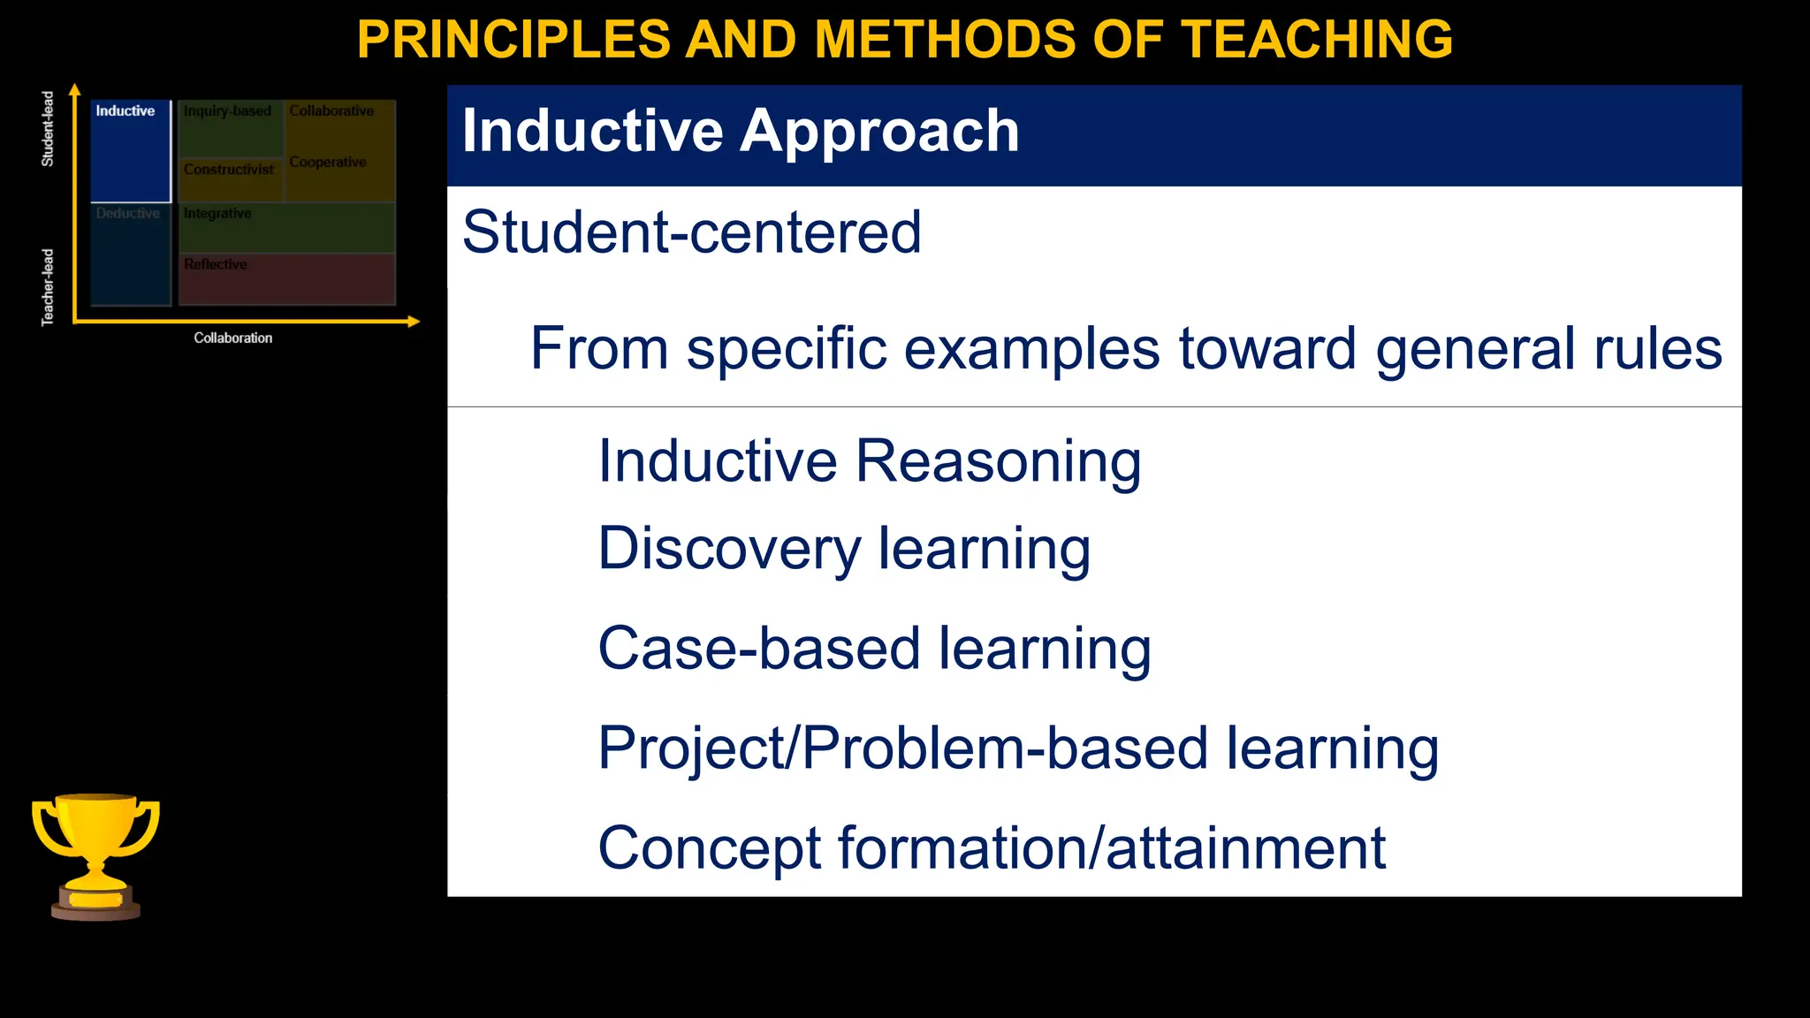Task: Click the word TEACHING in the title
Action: point(1317,40)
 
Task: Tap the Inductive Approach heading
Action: point(741,132)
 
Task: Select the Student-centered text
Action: point(691,232)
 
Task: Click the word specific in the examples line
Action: point(787,348)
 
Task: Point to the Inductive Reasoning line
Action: point(869,461)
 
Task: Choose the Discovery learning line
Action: point(844,549)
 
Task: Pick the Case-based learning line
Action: point(874,649)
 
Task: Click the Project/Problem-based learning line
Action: point(1018,748)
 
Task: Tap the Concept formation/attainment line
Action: point(991,848)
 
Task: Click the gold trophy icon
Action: point(95,855)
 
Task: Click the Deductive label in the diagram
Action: point(128,214)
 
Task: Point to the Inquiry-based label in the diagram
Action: point(227,111)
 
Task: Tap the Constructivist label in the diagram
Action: point(229,170)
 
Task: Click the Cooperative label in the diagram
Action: point(328,163)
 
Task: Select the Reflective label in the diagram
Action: point(216,264)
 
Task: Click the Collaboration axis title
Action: point(233,338)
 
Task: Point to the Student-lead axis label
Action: point(48,129)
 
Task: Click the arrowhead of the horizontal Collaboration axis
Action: point(414,323)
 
